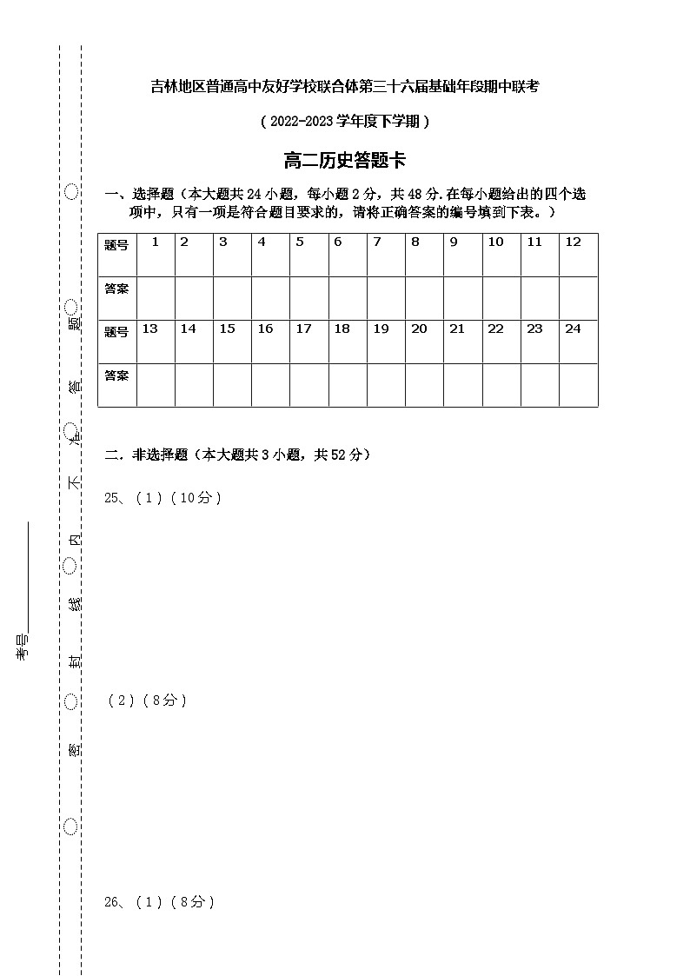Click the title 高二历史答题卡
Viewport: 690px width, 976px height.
click(345, 161)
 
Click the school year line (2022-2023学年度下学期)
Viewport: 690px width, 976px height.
click(345, 122)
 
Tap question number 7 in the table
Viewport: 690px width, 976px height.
click(376, 242)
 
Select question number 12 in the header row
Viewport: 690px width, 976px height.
click(573, 242)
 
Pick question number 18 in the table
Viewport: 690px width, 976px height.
click(342, 329)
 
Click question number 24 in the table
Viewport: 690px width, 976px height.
click(573, 329)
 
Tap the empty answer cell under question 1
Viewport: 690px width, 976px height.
click(156, 298)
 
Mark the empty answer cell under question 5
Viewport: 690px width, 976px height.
click(309, 298)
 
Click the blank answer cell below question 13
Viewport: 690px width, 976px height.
click(156, 385)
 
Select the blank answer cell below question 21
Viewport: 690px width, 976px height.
click(463, 385)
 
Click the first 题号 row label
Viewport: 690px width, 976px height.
click(116, 245)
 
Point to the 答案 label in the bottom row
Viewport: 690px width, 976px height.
click(116, 375)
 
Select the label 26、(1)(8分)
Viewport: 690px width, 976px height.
click(159, 902)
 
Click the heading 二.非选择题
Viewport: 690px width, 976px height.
click(237, 455)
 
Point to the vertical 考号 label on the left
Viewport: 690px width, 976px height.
click(23, 647)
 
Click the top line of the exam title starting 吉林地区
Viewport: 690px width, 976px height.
click(345, 85)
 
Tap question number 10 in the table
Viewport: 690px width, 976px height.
click(495, 242)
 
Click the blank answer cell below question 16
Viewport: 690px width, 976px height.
click(271, 385)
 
